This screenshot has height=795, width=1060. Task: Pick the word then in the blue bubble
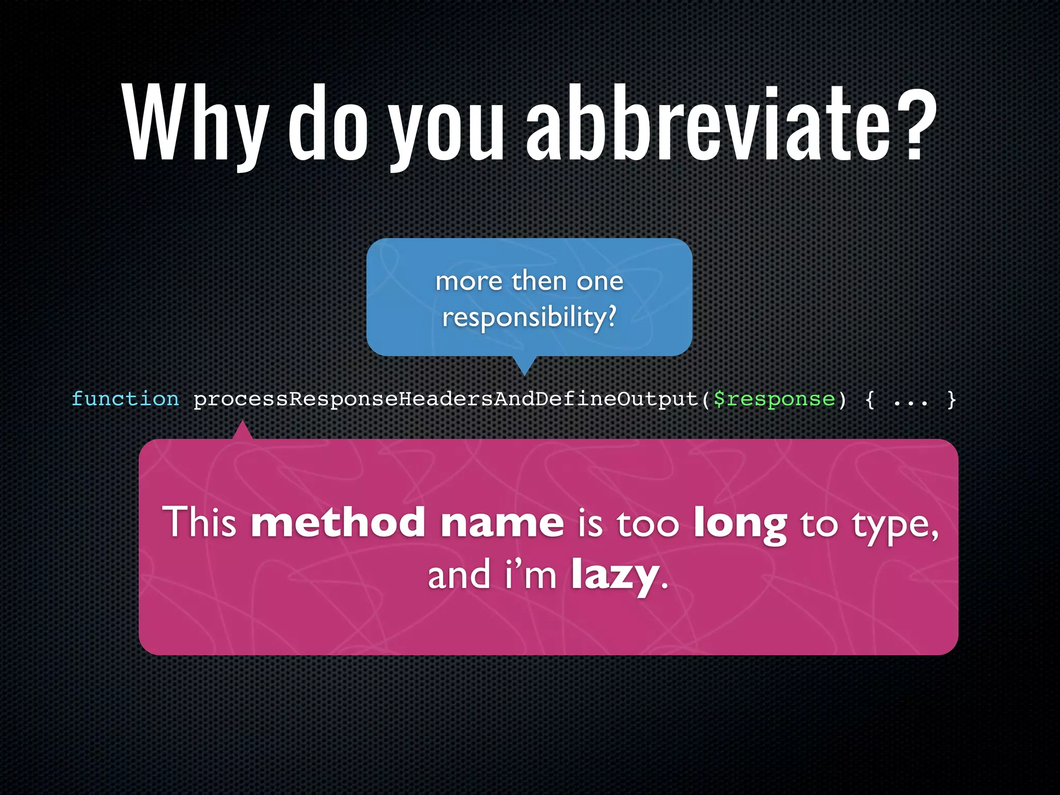(539, 281)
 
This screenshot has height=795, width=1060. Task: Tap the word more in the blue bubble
(469, 281)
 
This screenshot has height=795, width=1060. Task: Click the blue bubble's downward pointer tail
(524, 365)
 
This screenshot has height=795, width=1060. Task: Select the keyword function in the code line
(125, 399)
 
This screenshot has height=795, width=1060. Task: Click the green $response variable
(774, 399)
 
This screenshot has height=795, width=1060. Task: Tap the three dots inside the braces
(910, 400)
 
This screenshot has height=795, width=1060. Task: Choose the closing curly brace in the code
(951, 399)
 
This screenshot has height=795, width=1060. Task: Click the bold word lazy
(615, 576)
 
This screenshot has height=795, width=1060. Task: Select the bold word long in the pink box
(740, 524)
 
